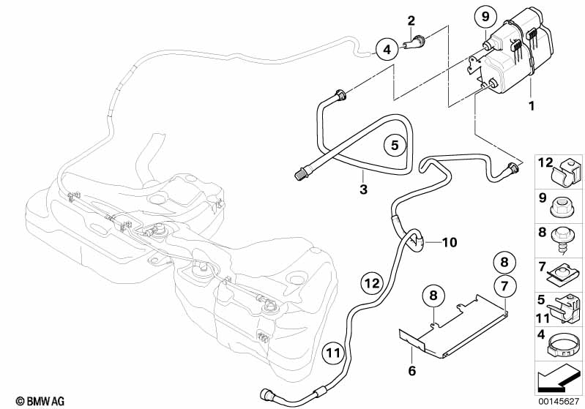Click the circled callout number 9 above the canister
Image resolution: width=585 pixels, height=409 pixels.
pyautogui.click(x=484, y=15)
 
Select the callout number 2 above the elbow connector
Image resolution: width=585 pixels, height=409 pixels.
pyautogui.click(x=411, y=20)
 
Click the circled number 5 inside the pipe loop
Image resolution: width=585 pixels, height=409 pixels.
pyautogui.click(x=394, y=145)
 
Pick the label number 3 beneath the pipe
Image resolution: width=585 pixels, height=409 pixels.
pyautogui.click(x=363, y=190)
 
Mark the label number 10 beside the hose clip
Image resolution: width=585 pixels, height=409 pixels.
pyautogui.click(x=449, y=241)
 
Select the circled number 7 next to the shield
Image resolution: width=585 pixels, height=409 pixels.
pyautogui.click(x=504, y=282)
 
